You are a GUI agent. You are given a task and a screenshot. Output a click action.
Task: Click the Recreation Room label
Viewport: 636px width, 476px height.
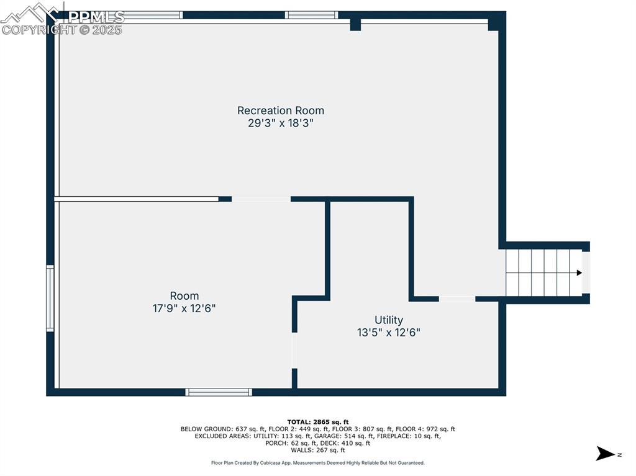(281, 110)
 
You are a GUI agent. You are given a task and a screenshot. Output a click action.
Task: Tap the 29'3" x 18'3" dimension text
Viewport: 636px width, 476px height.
(281, 123)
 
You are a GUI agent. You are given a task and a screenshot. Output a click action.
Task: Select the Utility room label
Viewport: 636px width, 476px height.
(389, 320)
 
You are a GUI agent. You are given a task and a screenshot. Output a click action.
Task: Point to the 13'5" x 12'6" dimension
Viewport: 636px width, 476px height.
(389, 332)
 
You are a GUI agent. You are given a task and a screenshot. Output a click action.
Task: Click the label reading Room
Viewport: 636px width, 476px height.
(184, 296)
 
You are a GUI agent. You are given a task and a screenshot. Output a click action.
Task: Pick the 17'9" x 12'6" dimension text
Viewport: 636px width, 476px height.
(184, 308)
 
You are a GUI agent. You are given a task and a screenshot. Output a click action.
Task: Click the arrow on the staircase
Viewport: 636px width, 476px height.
(579, 272)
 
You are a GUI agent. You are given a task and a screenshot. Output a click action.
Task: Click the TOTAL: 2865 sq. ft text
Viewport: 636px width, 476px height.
(317, 422)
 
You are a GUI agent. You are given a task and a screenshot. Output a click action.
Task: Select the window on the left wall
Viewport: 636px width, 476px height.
(50, 299)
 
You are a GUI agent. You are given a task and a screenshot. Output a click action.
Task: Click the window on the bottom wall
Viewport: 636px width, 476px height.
(219, 392)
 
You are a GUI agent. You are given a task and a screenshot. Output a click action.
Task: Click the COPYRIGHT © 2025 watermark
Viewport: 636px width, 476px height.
(62, 29)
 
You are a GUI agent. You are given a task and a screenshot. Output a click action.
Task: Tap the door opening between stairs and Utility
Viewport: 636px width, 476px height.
(457, 299)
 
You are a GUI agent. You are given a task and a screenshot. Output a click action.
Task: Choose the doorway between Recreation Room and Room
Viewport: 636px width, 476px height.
(261, 199)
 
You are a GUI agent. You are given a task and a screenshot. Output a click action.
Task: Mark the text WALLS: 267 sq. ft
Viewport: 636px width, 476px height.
(317, 450)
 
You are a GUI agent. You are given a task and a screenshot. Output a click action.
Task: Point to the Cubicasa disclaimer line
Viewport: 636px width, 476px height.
(317, 462)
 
